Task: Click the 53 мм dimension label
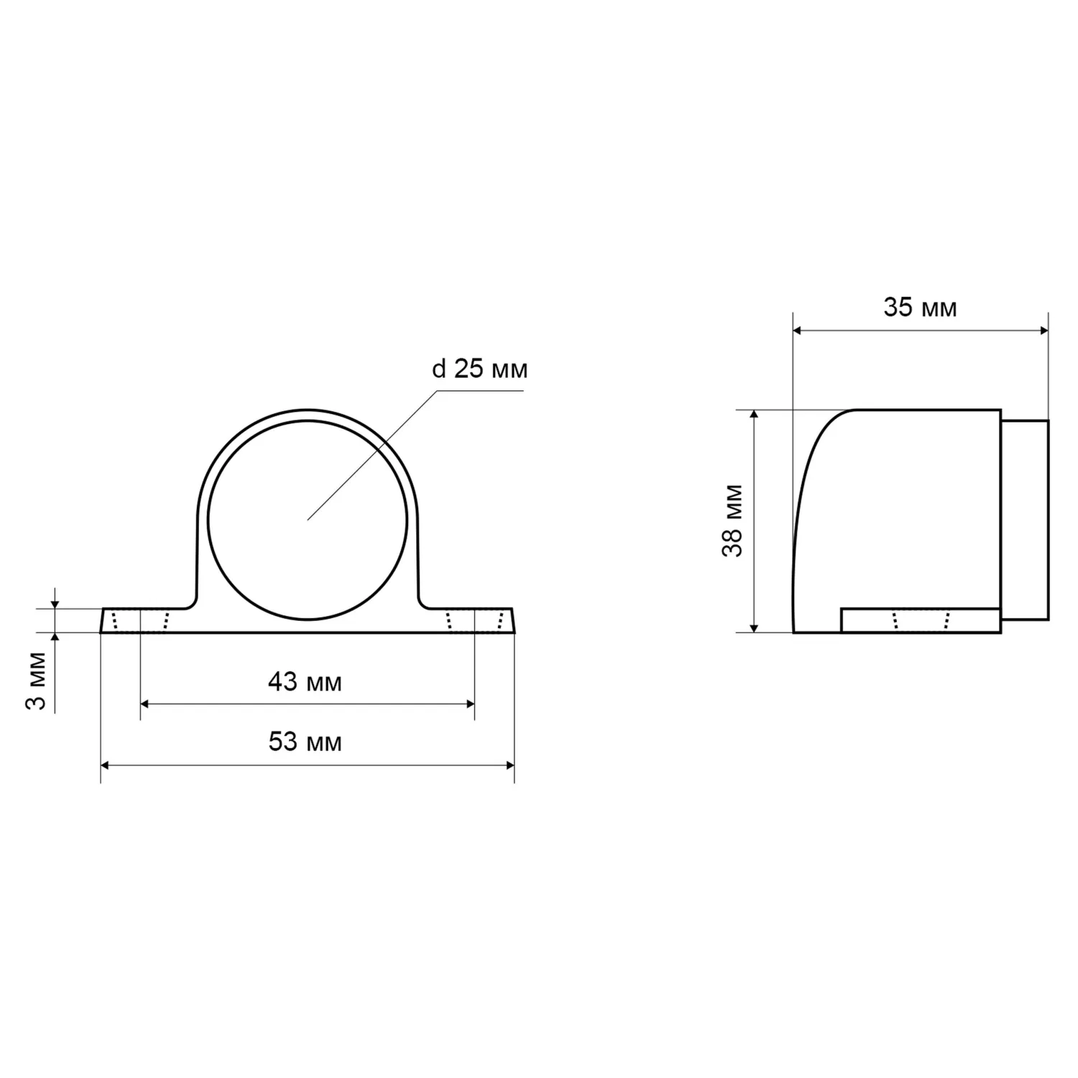[x=305, y=742]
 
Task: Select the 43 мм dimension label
[x=305, y=681]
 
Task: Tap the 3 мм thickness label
[x=36, y=680]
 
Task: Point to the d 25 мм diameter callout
[x=479, y=369]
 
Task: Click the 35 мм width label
[x=920, y=308]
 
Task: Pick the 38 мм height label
[x=733, y=521]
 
